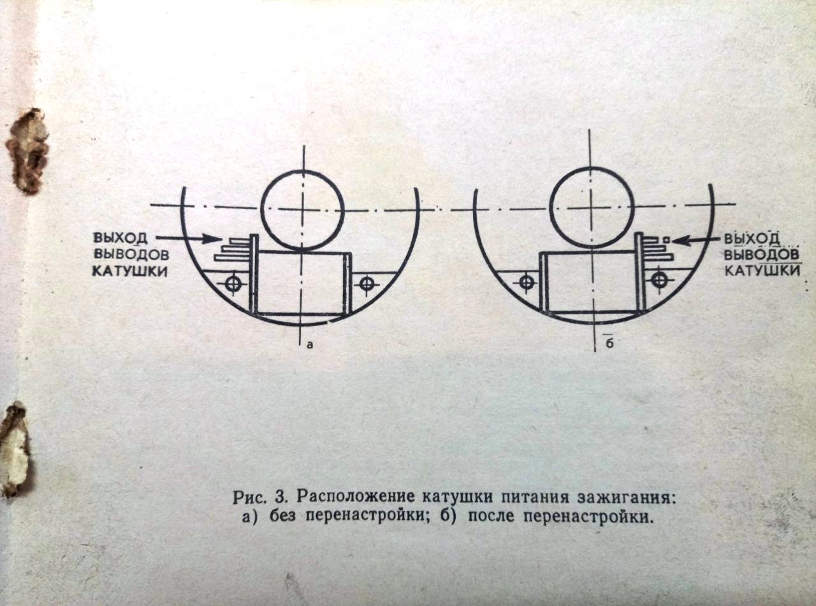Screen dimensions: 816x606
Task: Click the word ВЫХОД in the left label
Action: pyautogui.click(x=121, y=238)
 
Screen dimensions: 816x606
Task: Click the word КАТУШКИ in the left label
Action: pyautogui.click(x=129, y=271)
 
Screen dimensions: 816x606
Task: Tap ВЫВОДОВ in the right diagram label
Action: pyautogui.click(x=762, y=254)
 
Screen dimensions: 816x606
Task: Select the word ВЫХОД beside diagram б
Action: pyautogui.click(x=752, y=239)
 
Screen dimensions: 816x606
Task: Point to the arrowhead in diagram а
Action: pyautogui.click(x=215, y=239)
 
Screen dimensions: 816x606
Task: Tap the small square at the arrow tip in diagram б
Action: pyautogui.click(x=667, y=240)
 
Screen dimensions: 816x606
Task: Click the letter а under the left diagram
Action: pyautogui.click(x=309, y=345)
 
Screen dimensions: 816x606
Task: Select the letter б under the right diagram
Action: pyautogui.click(x=609, y=344)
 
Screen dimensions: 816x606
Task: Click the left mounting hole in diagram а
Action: pyautogui.click(x=233, y=283)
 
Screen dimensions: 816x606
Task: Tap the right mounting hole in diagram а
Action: pyautogui.click(x=367, y=283)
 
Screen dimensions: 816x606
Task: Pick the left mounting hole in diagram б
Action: pyautogui.click(x=527, y=283)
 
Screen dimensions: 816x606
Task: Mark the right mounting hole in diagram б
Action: pyautogui.click(x=659, y=281)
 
